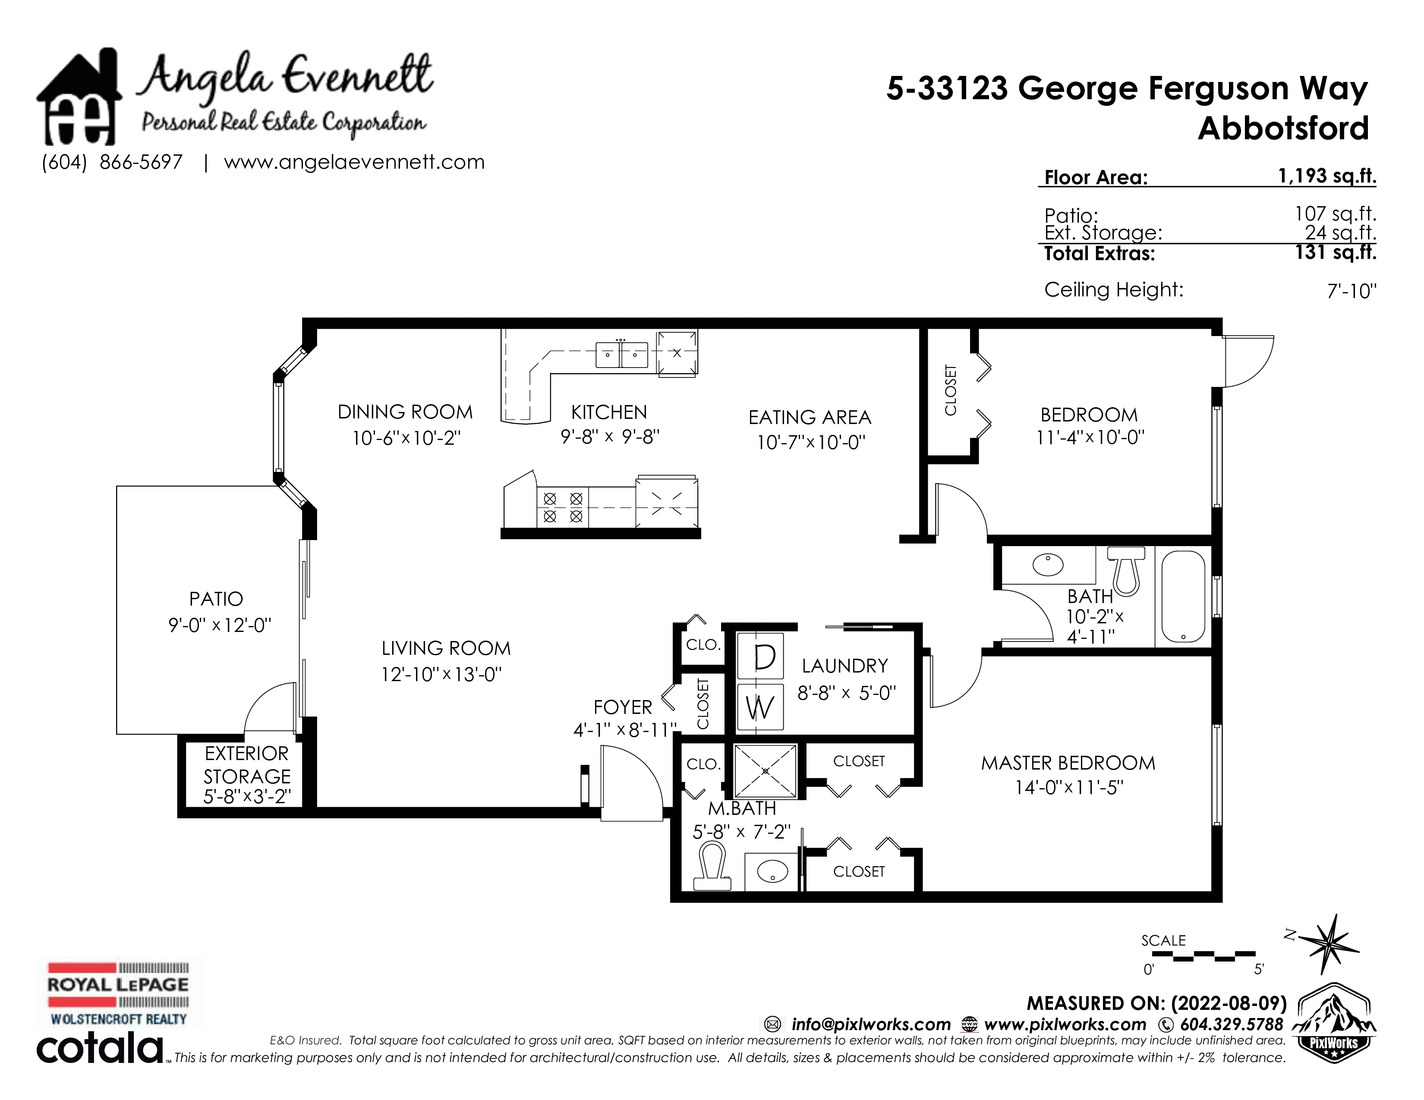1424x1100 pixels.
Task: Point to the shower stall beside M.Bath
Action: (x=766, y=772)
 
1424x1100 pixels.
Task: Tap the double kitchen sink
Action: (x=621, y=355)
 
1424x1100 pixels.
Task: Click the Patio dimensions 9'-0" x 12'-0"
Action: (x=220, y=625)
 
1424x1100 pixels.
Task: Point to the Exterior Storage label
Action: (x=246, y=765)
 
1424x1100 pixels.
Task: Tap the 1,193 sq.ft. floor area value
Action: (x=1327, y=176)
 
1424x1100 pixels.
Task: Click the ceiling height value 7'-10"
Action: (x=1352, y=291)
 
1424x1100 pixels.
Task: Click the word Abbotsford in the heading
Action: (x=1283, y=128)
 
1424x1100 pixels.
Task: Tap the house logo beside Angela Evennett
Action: (x=79, y=96)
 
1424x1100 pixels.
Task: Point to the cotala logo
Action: (x=101, y=1049)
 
